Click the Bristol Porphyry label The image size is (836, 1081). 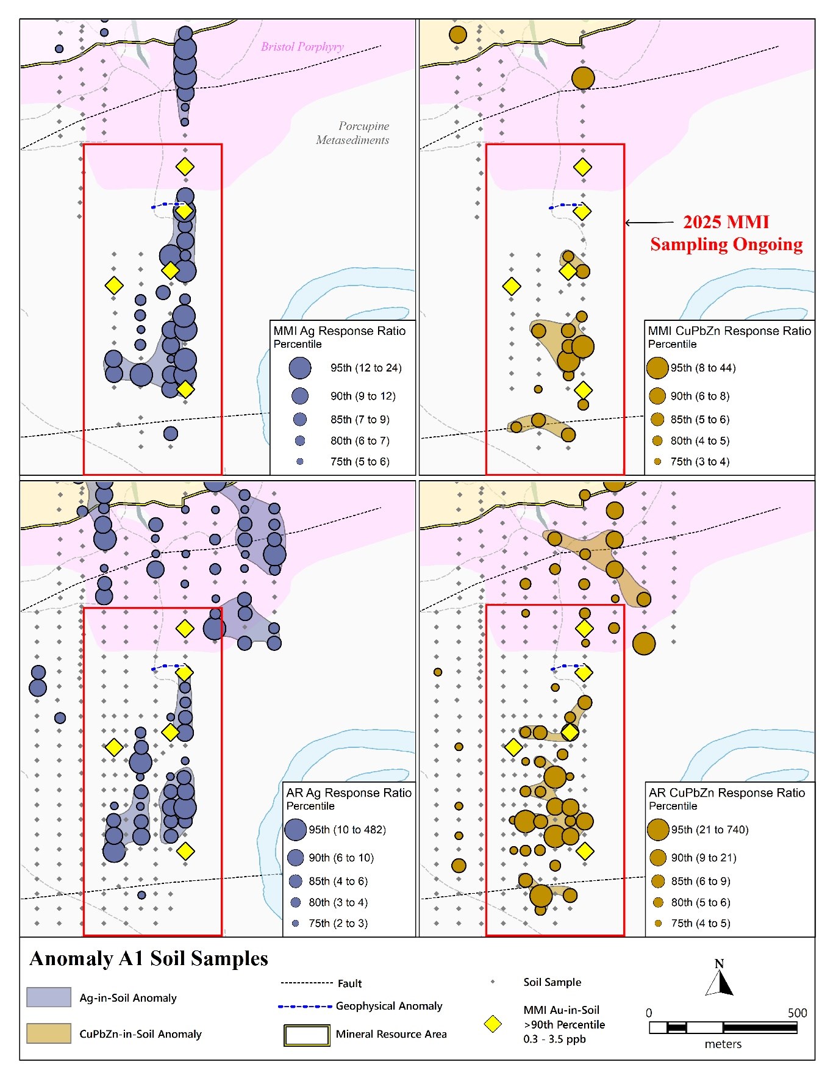coord(302,47)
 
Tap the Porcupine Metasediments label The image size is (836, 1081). coord(352,133)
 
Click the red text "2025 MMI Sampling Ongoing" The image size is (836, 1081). coord(726,233)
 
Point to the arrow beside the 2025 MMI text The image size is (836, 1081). coord(650,223)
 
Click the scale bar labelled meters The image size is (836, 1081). coord(723,1028)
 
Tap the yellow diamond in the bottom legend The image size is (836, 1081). coord(493,1024)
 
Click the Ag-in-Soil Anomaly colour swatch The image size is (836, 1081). coord(49,997)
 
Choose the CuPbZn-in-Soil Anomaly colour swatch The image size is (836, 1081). coord(49,1033)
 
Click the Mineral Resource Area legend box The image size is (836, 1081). coord(307,1035)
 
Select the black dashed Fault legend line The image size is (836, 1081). coord(307,983)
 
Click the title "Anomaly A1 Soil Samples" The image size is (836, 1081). coord(149,959)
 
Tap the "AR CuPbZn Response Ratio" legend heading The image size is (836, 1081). coord(727,793)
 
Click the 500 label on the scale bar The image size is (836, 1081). coord(797,1013)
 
